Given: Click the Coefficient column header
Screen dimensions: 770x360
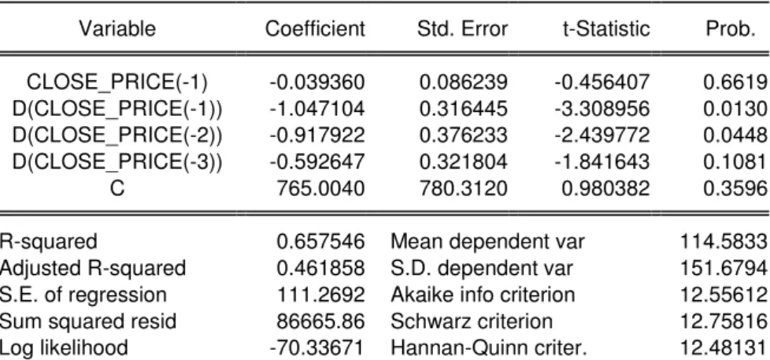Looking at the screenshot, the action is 315,29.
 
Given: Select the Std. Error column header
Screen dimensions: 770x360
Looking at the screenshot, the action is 462,29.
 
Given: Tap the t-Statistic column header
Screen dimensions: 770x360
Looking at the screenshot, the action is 606,29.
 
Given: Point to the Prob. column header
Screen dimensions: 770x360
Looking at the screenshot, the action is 730,29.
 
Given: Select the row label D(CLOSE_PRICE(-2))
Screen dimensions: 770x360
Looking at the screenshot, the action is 117,135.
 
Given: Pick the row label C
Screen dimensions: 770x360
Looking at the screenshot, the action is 117,187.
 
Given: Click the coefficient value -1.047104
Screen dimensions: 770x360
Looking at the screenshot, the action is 317,109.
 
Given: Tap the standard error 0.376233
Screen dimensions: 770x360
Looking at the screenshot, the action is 463,135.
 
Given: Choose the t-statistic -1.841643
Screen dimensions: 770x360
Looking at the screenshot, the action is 602,161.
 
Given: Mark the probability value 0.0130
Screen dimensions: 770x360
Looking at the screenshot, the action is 735,109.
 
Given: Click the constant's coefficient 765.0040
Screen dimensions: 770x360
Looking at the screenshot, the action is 320,187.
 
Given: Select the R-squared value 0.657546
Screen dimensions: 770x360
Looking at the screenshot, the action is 320,241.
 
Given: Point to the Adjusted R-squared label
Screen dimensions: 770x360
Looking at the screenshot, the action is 93,269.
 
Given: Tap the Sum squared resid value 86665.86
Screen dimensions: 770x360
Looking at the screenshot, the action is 320,321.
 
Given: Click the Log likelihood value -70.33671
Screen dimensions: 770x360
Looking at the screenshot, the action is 317,347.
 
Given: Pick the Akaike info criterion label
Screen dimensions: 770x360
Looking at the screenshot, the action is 483,295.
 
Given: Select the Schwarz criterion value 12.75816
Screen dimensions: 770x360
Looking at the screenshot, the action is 724,321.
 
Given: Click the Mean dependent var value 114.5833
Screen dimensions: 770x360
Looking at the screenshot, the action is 724,241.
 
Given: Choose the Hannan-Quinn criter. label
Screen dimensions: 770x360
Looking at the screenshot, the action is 489,347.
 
